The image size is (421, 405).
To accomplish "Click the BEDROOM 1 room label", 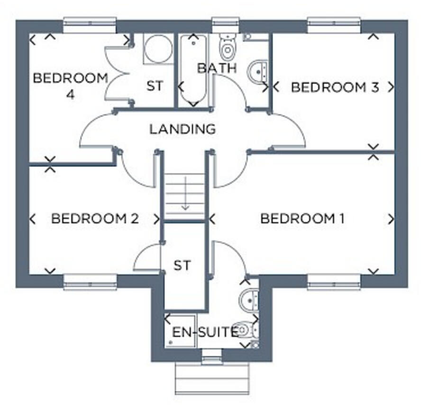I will click(x=302, y=219).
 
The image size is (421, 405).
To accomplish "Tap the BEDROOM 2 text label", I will click(x=94, y=219).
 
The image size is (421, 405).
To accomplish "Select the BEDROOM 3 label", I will click(x=335, y=87).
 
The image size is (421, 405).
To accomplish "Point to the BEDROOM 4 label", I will click(x=70, y=85).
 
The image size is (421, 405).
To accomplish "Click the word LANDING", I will click(x=183, y=129).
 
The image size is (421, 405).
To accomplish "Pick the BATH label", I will click(x=217, y=68).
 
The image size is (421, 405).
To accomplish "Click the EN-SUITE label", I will click(x=204, y=333).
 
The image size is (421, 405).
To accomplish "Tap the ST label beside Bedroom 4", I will click(x=155, y=86).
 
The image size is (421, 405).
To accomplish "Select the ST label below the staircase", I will click(x=182, y=265).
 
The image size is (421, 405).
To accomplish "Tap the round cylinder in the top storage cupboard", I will click(x=159, y=49).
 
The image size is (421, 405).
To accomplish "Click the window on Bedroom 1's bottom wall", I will click(x=334, y=282).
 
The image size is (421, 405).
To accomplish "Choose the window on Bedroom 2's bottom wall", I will click(x=90, y=282).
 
